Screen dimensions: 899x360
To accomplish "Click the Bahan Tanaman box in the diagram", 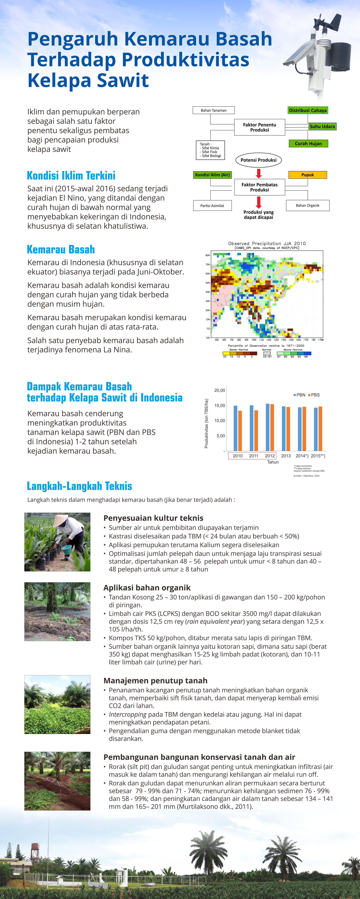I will (213, 110).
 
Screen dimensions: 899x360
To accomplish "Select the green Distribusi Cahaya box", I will (308, 110).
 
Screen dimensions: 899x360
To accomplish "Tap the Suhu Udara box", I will (322, 126).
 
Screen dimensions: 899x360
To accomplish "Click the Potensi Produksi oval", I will (258, 160).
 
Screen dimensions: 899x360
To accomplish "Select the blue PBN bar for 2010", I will (235, 428).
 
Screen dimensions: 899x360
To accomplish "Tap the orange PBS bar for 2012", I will (272, 427).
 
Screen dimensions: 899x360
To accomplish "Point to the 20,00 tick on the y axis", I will (220, 390).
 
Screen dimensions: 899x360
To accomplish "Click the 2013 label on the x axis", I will (286, 456).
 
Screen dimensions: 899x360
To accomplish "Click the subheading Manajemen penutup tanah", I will (155, 681).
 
